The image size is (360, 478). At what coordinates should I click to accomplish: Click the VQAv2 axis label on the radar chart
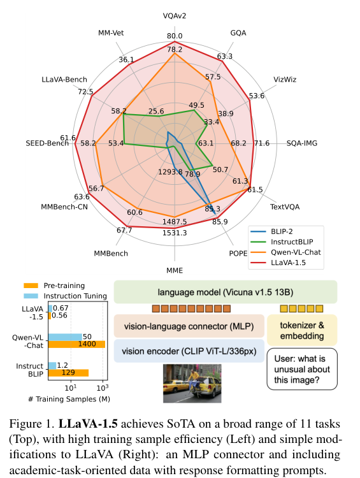[x=175, y=16]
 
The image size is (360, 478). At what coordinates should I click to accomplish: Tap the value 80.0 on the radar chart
[x=175, y=36]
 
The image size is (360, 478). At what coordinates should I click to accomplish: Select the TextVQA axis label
[x=285, y=207]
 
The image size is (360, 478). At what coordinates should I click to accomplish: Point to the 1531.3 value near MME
[x=175, y=233]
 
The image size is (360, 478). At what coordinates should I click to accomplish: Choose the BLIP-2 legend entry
[x=271, y=232]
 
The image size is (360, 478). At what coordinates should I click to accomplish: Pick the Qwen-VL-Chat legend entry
[x=285, y=252]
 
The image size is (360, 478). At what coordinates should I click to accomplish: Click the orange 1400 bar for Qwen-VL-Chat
[x=76, y=344]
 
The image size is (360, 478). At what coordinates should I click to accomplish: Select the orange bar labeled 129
[x=68, y=373]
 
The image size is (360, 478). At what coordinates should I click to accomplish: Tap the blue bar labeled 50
[x=65, y=337]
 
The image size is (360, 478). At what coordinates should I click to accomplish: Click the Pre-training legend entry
[x=54, y=286]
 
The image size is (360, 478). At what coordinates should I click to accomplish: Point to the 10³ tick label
[x=103, y=387]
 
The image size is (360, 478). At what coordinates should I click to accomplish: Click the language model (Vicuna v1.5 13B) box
[x=226, y=292]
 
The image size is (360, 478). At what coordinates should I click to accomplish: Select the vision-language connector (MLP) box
[x=189, y=326]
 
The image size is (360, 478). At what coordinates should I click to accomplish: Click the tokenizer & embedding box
[x=302, y=330]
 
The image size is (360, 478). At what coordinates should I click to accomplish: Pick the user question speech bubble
[x=302, y=369]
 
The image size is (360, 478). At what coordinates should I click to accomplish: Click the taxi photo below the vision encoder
[x=192, y=384]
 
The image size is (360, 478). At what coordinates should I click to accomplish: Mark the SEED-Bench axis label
[x=47, y=143]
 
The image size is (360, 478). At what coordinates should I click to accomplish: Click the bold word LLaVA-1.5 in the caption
[x=88, y=424]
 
